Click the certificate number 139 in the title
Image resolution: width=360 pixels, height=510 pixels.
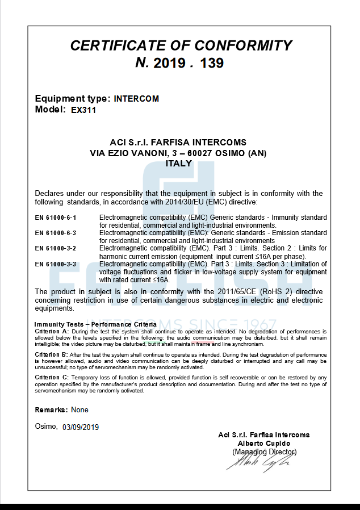click(212, 63)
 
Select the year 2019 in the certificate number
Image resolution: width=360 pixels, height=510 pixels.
click(169, 63)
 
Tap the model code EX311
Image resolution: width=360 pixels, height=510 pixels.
click(83, 110)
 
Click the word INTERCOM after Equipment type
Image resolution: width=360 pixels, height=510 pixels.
click(136, 98)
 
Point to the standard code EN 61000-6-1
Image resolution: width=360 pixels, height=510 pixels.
click(56, 218)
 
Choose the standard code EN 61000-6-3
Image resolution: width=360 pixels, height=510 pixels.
click(56, 233)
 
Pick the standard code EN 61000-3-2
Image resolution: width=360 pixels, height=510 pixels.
click(56, 249)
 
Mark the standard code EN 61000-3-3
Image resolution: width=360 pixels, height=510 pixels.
click(56, 264)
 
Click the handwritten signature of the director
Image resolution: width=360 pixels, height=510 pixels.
click(259, 463)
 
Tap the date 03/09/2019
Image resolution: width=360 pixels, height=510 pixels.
click(81, 427)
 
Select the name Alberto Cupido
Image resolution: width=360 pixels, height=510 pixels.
click(264, 443)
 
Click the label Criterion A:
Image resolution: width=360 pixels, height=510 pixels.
click(52, 331)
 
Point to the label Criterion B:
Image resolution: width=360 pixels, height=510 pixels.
click(52, 354)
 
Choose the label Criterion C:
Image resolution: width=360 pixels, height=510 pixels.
click(52, 377)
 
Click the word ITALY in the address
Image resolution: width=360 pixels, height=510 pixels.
click(178, 163)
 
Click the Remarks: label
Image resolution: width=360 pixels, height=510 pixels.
click(52, 409)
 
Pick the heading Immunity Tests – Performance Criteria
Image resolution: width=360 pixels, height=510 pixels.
click(95, 324)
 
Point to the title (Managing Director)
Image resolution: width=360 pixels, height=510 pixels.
click(264, 452)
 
